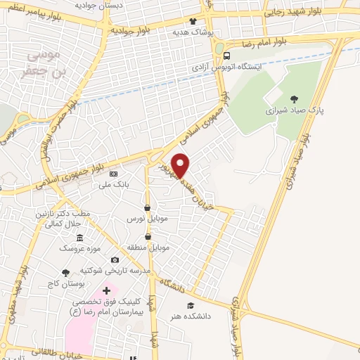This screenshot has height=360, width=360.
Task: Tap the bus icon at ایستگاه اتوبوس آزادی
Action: (226, 56)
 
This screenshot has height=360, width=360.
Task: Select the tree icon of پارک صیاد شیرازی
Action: (294, 99)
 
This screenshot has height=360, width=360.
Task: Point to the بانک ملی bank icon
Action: (114, 174)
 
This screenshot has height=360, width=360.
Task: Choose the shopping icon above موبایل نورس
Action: (147, 208)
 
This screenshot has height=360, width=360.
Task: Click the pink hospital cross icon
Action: (106, 290)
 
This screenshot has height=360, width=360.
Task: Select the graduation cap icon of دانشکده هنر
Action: (191, 305)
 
